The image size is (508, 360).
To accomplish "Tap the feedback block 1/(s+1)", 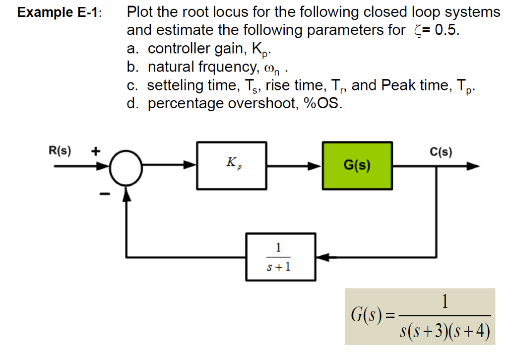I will coord(280,257).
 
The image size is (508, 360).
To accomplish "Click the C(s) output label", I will coord(441,152).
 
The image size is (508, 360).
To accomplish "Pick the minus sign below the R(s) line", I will coord(104,194).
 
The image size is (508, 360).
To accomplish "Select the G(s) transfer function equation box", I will coord(420,316).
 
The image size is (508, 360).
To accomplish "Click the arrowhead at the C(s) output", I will coord(473,166).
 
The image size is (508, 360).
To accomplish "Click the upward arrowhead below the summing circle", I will coord(127,196).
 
